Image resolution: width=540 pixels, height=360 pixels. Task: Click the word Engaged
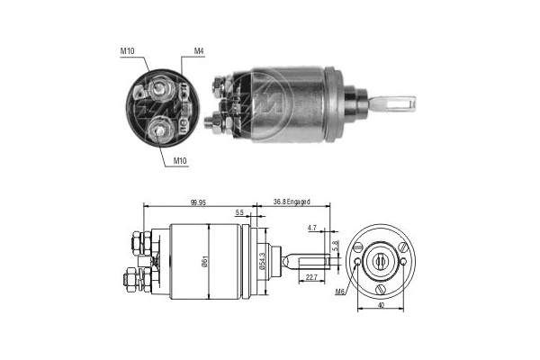tap(304, 202)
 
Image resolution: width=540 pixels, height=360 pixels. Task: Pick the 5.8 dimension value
tap(336, 244)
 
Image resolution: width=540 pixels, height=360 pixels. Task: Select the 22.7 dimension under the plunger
tap(310, 277)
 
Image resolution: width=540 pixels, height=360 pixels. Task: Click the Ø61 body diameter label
tap(207, 261)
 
